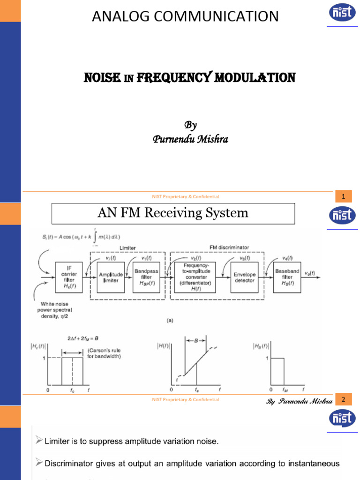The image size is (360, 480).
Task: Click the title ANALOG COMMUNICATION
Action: tap(185, 17)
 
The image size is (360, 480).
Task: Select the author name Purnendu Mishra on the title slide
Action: tap(190, 139)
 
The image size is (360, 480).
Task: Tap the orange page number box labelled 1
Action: tap(343, 197)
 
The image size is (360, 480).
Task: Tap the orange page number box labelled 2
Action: tap(343, 400)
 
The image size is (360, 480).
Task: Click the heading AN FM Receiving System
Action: tap(172, 213)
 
